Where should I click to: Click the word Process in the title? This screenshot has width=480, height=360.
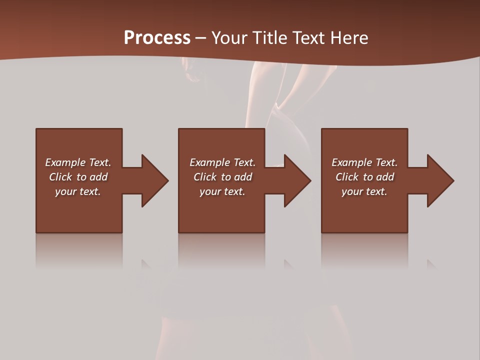[x=157, y=38]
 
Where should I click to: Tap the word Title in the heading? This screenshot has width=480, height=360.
[x=270, y=38]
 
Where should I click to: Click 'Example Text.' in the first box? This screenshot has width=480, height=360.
[x=78, y=162]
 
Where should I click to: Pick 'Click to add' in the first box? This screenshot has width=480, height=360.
[x=78, y=177]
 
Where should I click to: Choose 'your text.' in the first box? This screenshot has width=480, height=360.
[x=78, y=191]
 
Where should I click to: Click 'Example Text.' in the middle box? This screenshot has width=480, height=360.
[x=222, y=162]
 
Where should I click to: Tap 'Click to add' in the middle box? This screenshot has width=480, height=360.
[x=222, y=177]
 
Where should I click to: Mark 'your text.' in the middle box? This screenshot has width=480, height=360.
[x=222, y=191]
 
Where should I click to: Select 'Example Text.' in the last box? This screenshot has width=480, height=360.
[x=364, y=162]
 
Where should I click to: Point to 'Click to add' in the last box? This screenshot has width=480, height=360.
[x=364, y=177]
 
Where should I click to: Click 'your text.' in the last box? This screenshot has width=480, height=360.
[x=364, y=191]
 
